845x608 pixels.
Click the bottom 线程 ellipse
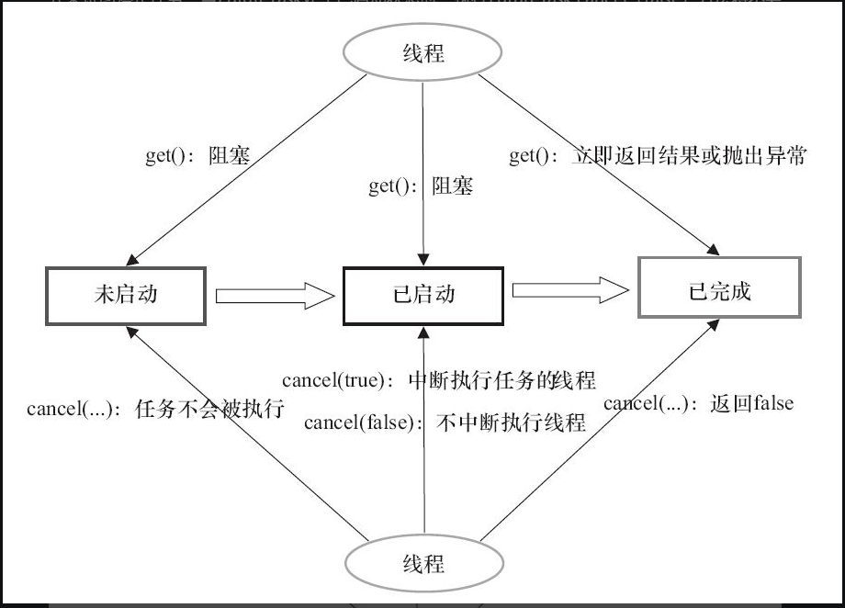422,563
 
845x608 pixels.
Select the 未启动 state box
124,294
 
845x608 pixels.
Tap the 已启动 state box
422,296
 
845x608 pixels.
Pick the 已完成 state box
719,292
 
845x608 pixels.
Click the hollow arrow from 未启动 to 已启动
274,296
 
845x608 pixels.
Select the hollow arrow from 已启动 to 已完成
570,290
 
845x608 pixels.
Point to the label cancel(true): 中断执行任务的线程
439,379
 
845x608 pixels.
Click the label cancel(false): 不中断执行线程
445,422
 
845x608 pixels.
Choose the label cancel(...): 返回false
698,403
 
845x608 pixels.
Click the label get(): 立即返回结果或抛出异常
658,156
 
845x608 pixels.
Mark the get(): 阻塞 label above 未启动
197,155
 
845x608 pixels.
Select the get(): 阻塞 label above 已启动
421,186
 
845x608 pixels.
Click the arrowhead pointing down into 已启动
422,260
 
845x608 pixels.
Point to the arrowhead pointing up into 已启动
422,332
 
